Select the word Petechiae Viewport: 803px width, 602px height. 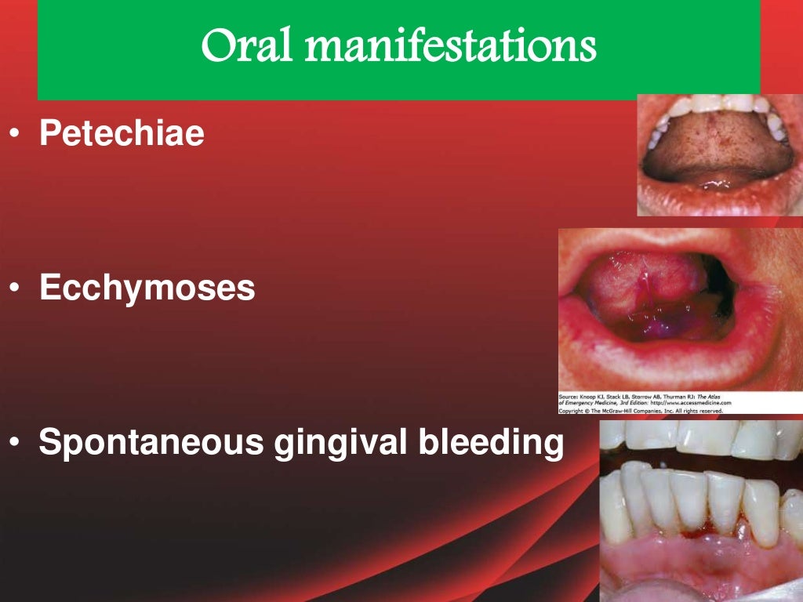[122, 134]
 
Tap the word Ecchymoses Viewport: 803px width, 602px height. [147, 289]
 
